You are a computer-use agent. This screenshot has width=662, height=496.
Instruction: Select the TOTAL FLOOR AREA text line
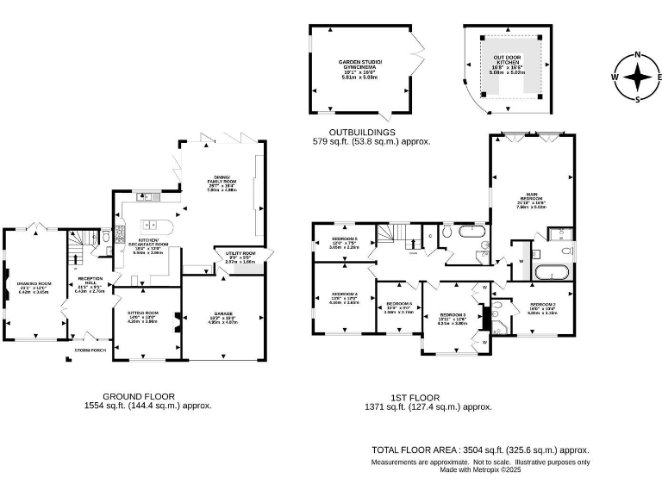tap(480, 449)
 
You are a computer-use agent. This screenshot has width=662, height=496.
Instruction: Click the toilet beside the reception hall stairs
tap(105, 236)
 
